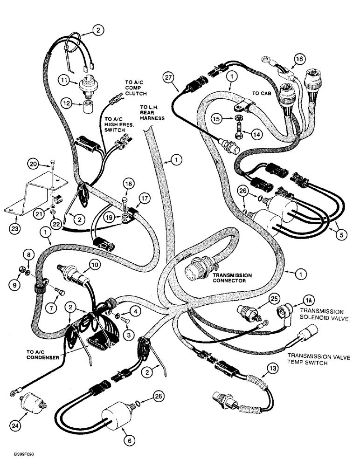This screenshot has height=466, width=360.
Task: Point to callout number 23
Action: [16, 228]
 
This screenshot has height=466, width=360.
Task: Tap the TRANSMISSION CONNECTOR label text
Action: [232, 278]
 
